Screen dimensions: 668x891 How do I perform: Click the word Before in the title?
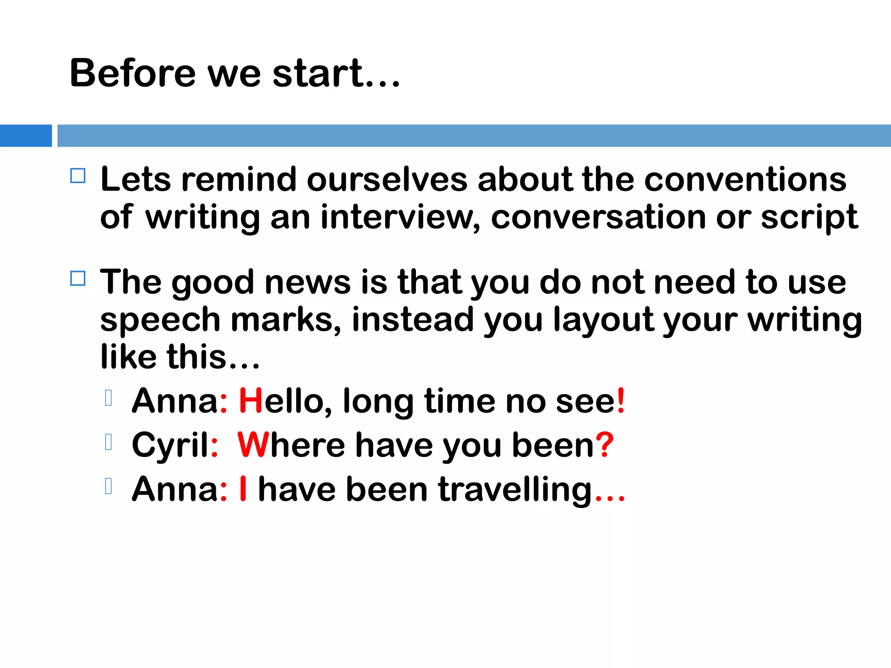tap(133, 73)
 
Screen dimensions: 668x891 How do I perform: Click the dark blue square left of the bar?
tap(26, 136)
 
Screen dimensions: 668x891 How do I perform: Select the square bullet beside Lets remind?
tap(78, 176)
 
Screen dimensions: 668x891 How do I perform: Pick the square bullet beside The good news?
tap(78, 278)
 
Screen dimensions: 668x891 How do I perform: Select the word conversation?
tap(599, 217)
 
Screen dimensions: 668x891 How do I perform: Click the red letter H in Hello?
tap(251, 401)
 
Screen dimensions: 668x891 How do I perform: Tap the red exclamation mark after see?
tap(621, 401)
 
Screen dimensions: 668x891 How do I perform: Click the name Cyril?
tap(171, 446)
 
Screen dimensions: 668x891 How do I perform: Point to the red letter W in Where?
tap(252, 445)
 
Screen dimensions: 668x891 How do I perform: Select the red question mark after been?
tap(604, 445)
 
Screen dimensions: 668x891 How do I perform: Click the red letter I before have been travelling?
tap(243, 489)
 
